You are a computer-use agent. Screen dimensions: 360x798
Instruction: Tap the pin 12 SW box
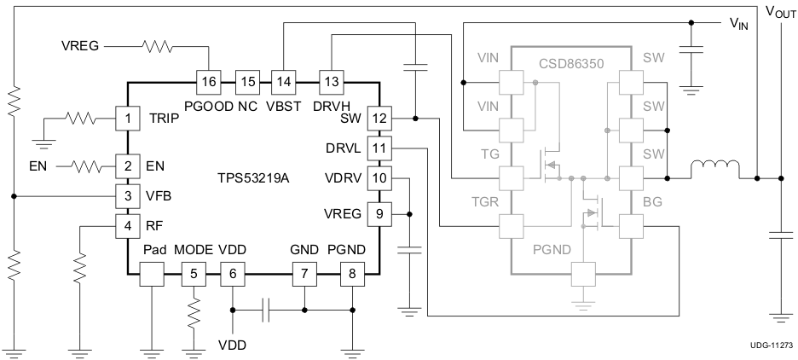click(x=379, y=118)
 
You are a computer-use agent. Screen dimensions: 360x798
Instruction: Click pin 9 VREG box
click(x=379, y=213)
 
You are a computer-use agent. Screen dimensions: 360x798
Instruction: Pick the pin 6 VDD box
click(x=232, y=275)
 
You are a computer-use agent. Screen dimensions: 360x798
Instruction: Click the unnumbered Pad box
click(x=151, y=275)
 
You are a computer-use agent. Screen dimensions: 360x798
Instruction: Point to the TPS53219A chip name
click(x=254, y=178)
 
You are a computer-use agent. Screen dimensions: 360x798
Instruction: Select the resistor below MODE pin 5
click(x=194, y=313)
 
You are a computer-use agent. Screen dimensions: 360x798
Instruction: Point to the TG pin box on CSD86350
click(x=510, y=178)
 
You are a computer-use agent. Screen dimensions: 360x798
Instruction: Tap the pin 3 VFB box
click(x=127, y=196)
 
